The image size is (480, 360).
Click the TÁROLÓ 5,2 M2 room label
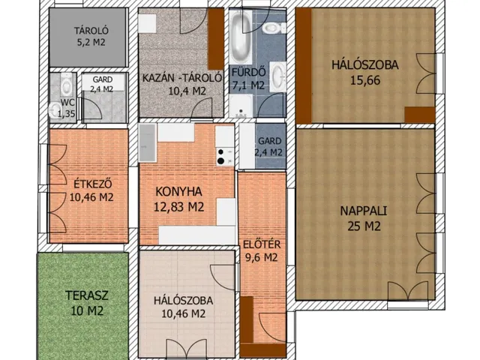click(91, 36)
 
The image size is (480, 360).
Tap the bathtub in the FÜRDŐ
click(241, 37)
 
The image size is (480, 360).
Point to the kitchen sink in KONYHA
click(147, 142)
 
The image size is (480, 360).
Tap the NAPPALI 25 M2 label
click(364, 218)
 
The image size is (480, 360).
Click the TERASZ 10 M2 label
click(87, 303)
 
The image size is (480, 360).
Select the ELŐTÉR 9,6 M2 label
click(262, 250)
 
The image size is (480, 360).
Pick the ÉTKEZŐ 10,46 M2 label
click(91, 190)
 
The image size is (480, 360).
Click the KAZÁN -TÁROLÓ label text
click(182, 77)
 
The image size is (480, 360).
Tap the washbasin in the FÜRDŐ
click(277, 76)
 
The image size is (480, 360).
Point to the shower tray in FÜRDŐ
click(241, 106)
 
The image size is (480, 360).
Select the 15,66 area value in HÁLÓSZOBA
click(365, 80)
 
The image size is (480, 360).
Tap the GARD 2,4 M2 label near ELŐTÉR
click(269, 146)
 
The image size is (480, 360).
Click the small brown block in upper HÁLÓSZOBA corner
click(420, 115)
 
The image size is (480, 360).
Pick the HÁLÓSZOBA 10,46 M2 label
click(183, 307)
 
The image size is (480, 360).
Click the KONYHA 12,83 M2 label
click(178, 199)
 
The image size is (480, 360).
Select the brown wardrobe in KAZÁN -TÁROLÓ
click(216, 39)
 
